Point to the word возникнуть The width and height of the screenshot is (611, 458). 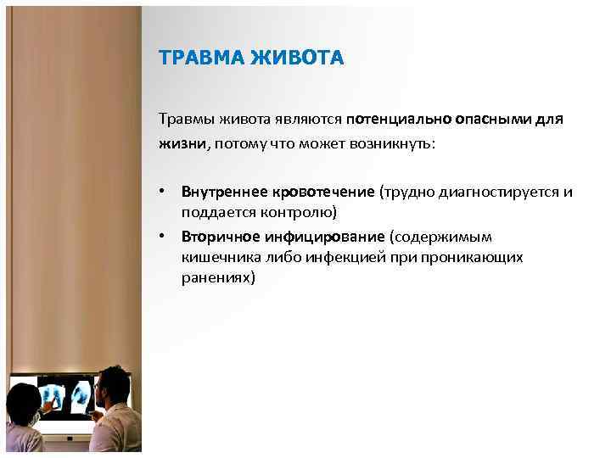(391, 144)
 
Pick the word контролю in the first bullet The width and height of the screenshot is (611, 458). (301, 211)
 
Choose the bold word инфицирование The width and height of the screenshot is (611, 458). (319, 237)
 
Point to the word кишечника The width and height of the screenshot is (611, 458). (213, 256)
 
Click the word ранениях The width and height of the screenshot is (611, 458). (216, 276)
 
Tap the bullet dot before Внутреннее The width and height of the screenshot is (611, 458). (162, 193)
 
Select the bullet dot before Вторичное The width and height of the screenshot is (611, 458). (162, 237)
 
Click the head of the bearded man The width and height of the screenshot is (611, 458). (112, 388)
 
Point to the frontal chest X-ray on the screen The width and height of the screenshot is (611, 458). (53, 396)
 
